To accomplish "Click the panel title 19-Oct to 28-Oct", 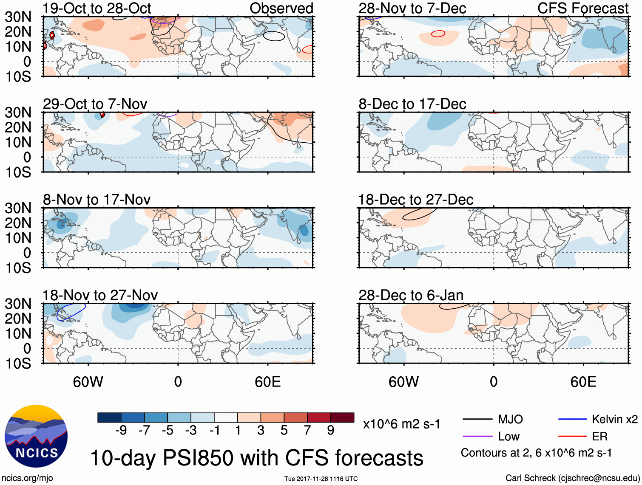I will point(97,8).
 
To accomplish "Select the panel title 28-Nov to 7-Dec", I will point(412,8).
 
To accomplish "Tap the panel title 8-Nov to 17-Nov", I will point(97,200).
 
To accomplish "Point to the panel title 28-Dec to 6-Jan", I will point(411,295).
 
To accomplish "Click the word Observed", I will point(281,8).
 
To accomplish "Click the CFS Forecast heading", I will point(583,8).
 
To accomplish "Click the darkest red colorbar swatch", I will point(342,417).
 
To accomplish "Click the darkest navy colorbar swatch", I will point(109,417).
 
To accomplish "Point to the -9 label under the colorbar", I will point(121,431).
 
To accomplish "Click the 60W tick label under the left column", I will point(88,382).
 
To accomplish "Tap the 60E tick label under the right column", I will point(583,382).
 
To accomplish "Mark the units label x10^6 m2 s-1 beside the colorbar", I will point(402,424).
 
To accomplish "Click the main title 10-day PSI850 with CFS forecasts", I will point(257,458).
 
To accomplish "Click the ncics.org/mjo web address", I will point(27,478).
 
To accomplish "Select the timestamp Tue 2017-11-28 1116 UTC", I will point(321,479).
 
